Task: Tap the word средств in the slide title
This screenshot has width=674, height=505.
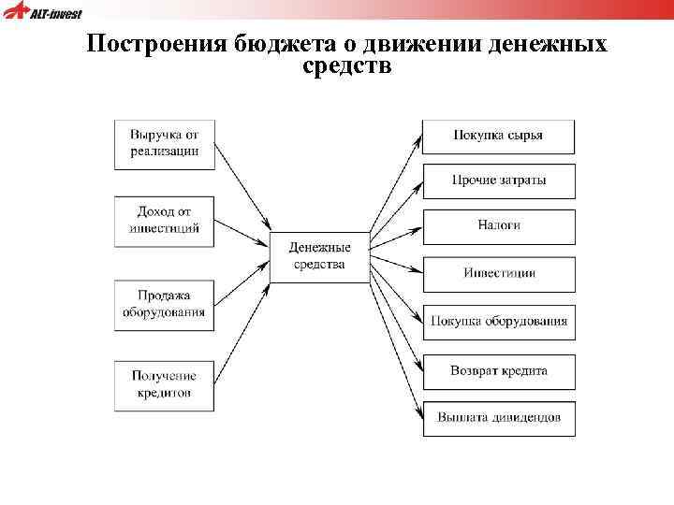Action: pos(347,67)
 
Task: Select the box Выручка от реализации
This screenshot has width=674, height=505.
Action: pos(164,144)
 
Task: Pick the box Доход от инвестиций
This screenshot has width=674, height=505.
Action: pos(164,221)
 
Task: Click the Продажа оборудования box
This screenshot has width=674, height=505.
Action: pos(164,304)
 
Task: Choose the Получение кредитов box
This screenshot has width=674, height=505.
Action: pos(164,385)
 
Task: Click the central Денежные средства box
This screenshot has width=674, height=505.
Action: pos(319,256)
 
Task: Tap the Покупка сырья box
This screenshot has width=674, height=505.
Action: pos(498,136)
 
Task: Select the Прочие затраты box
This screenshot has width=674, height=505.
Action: pos(498,180)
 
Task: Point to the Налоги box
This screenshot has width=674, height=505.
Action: pos(498,226)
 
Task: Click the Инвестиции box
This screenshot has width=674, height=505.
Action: pos(498,273)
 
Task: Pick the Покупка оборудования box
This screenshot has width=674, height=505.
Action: pos(498,322)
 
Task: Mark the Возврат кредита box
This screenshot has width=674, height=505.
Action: pos(498,371)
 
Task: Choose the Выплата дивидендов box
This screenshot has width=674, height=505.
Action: pos(498,418)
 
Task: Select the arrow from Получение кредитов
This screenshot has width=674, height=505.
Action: pos(242,332)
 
